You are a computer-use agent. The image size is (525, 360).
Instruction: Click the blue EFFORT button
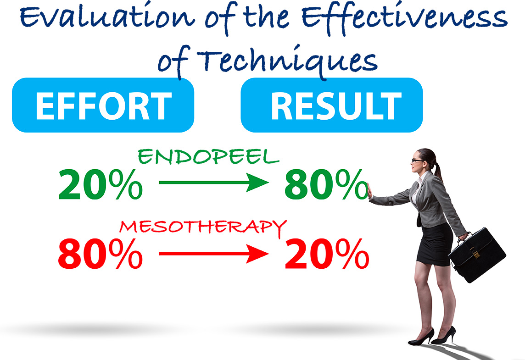pos(103,105)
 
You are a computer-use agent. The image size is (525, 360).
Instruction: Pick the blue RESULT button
pos(331,105)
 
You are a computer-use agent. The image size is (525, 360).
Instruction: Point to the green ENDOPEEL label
pos(208,157)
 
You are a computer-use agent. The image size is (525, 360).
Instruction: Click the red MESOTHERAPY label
pos(202,226)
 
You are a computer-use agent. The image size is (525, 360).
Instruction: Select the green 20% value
pos(100,184)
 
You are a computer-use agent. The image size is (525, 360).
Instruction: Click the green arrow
pos(213,183)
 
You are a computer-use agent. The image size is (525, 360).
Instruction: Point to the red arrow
pos(213,253)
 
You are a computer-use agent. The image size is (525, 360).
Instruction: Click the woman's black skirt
pos(433,244)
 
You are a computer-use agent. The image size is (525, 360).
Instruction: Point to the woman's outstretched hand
pos(370,191)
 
